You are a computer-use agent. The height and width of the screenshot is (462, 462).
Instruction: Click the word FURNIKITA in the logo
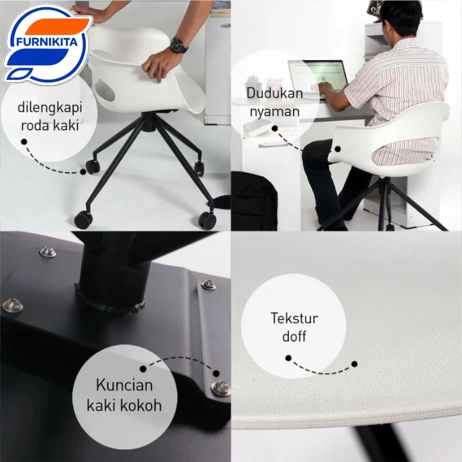click(x=46, y=42)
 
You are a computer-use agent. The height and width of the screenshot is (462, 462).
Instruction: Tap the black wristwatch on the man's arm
click(x=179, y=46)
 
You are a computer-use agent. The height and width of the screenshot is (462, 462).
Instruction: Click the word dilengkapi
click(x=50, y=107)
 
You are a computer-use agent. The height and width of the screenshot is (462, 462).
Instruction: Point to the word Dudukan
click(x=275, y=93)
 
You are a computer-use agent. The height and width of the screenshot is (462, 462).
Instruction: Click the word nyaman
click(x=275, y=112)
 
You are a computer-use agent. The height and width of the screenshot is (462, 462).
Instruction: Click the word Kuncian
click(x=125, y=385)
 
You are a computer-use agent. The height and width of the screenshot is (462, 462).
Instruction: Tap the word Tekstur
click(x=294, y=318)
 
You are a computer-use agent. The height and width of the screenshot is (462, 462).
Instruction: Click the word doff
click(x=294, y=336)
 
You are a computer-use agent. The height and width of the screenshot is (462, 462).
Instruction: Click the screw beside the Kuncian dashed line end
click(x=221, y=388)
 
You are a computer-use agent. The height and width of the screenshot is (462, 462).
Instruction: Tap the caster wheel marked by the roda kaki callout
click(x=92, y=167)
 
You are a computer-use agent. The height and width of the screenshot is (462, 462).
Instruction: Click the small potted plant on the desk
click(x=253, y=81)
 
